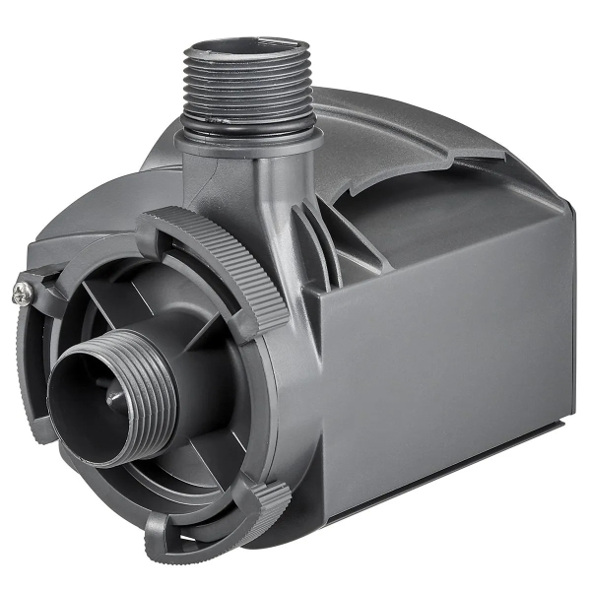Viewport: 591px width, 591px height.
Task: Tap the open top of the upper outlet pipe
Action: click(x=245, y=46)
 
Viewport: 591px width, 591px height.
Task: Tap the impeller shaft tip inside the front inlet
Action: click(x=115, y=397)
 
